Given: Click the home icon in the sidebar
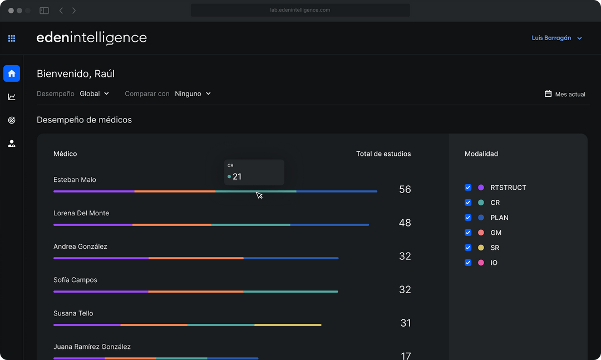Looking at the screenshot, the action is click(x=12, y=73).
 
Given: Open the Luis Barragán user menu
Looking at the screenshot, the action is click(x=556, y=38).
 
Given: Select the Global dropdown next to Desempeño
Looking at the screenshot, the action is click(x=94, y=93).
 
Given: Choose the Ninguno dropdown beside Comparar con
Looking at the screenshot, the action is click(x=193, y=93).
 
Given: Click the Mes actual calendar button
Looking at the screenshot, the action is click(x=565, y=94).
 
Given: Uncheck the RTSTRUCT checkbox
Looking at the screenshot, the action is click(x=468, y=188).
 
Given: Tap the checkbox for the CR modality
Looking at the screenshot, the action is click(x=468, y=203).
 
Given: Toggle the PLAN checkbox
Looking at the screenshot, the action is click(x=468, y=218).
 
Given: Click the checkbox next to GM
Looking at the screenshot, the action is click(x=468, y=233).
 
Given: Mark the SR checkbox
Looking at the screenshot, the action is click(x=468, y=248).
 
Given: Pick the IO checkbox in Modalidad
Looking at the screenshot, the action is click(x=468, y=263).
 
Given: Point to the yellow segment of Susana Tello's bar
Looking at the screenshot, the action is click(x=288, y=325).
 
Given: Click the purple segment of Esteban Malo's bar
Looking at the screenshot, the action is click(x=94, y=191).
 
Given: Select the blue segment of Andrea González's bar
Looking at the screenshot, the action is click(x=291, y=258).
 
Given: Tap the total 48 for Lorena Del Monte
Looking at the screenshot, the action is click(x=405, y=223).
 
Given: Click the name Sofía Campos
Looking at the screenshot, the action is click(x=75, y=280).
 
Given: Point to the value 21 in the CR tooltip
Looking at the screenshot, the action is click(x=237, y=177).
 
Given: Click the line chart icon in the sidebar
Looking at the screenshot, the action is click(x=12, y=97).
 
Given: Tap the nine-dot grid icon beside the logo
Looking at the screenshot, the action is click(x=12, y=38).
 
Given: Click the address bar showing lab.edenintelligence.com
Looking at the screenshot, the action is click(x=300, y=10).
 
